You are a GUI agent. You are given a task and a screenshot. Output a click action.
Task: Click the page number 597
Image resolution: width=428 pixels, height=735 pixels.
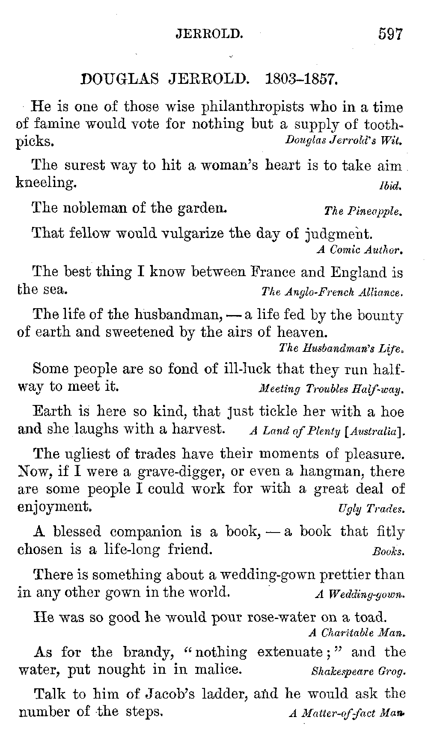pos(390,33)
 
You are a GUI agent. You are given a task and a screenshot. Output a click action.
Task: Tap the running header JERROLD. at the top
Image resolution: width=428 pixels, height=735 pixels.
pos(210,34)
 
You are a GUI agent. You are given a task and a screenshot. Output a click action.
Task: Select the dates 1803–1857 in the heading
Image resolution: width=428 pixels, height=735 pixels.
pos(302,79)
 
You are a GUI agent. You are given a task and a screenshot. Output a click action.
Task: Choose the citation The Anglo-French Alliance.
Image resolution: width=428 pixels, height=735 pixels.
pos(332,292)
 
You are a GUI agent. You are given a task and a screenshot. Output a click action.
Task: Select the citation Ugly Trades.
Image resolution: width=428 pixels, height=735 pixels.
pos(371,509)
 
